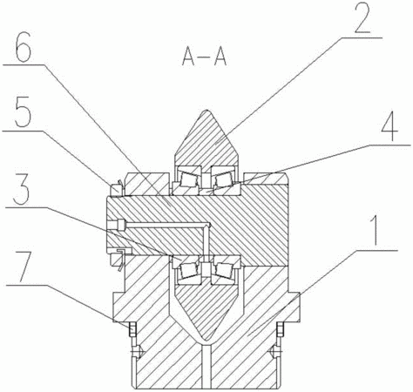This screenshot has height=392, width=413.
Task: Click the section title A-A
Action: pos(204,57)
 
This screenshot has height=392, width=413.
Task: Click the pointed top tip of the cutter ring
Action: pos(206,110)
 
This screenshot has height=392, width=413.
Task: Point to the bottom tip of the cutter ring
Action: pos(206,340)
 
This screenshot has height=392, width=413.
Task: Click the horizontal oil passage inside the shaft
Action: pos(163,225)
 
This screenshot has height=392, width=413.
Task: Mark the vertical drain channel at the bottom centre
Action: pos(206,365)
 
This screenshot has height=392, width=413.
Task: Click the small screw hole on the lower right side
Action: pos(276,352)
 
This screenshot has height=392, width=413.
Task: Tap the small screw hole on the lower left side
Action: pos(137,352)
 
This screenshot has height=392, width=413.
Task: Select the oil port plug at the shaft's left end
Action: pos(116,225)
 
